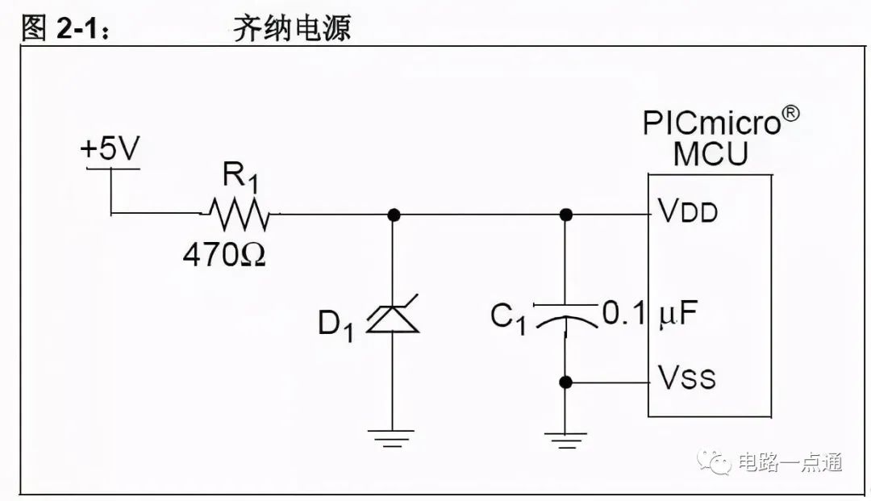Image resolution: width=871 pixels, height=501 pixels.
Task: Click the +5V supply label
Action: (110, 149)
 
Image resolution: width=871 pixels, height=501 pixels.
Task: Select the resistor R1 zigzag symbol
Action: (240, 215)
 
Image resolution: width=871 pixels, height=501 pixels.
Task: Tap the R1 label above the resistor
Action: (240, 176)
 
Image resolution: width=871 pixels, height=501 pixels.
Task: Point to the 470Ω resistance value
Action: (224, 255)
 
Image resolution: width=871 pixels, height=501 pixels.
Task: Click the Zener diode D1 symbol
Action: (393, 316)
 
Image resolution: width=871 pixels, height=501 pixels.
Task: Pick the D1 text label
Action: (335, 324)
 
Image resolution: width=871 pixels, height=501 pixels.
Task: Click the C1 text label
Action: (508, 319)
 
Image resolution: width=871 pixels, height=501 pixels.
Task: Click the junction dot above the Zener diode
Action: (394, 215)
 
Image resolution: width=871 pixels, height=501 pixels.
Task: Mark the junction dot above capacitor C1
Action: (565, 215)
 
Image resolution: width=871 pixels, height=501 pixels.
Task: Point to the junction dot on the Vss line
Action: (565, 382)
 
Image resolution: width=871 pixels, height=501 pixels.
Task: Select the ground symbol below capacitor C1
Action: (565, 440)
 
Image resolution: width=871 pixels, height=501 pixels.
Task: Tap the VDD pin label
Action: (688, 211)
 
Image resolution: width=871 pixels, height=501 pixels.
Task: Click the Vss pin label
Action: (686, 377)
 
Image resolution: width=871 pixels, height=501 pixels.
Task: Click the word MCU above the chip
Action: (711, 154)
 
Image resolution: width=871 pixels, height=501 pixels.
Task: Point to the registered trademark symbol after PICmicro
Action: (790, 113)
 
